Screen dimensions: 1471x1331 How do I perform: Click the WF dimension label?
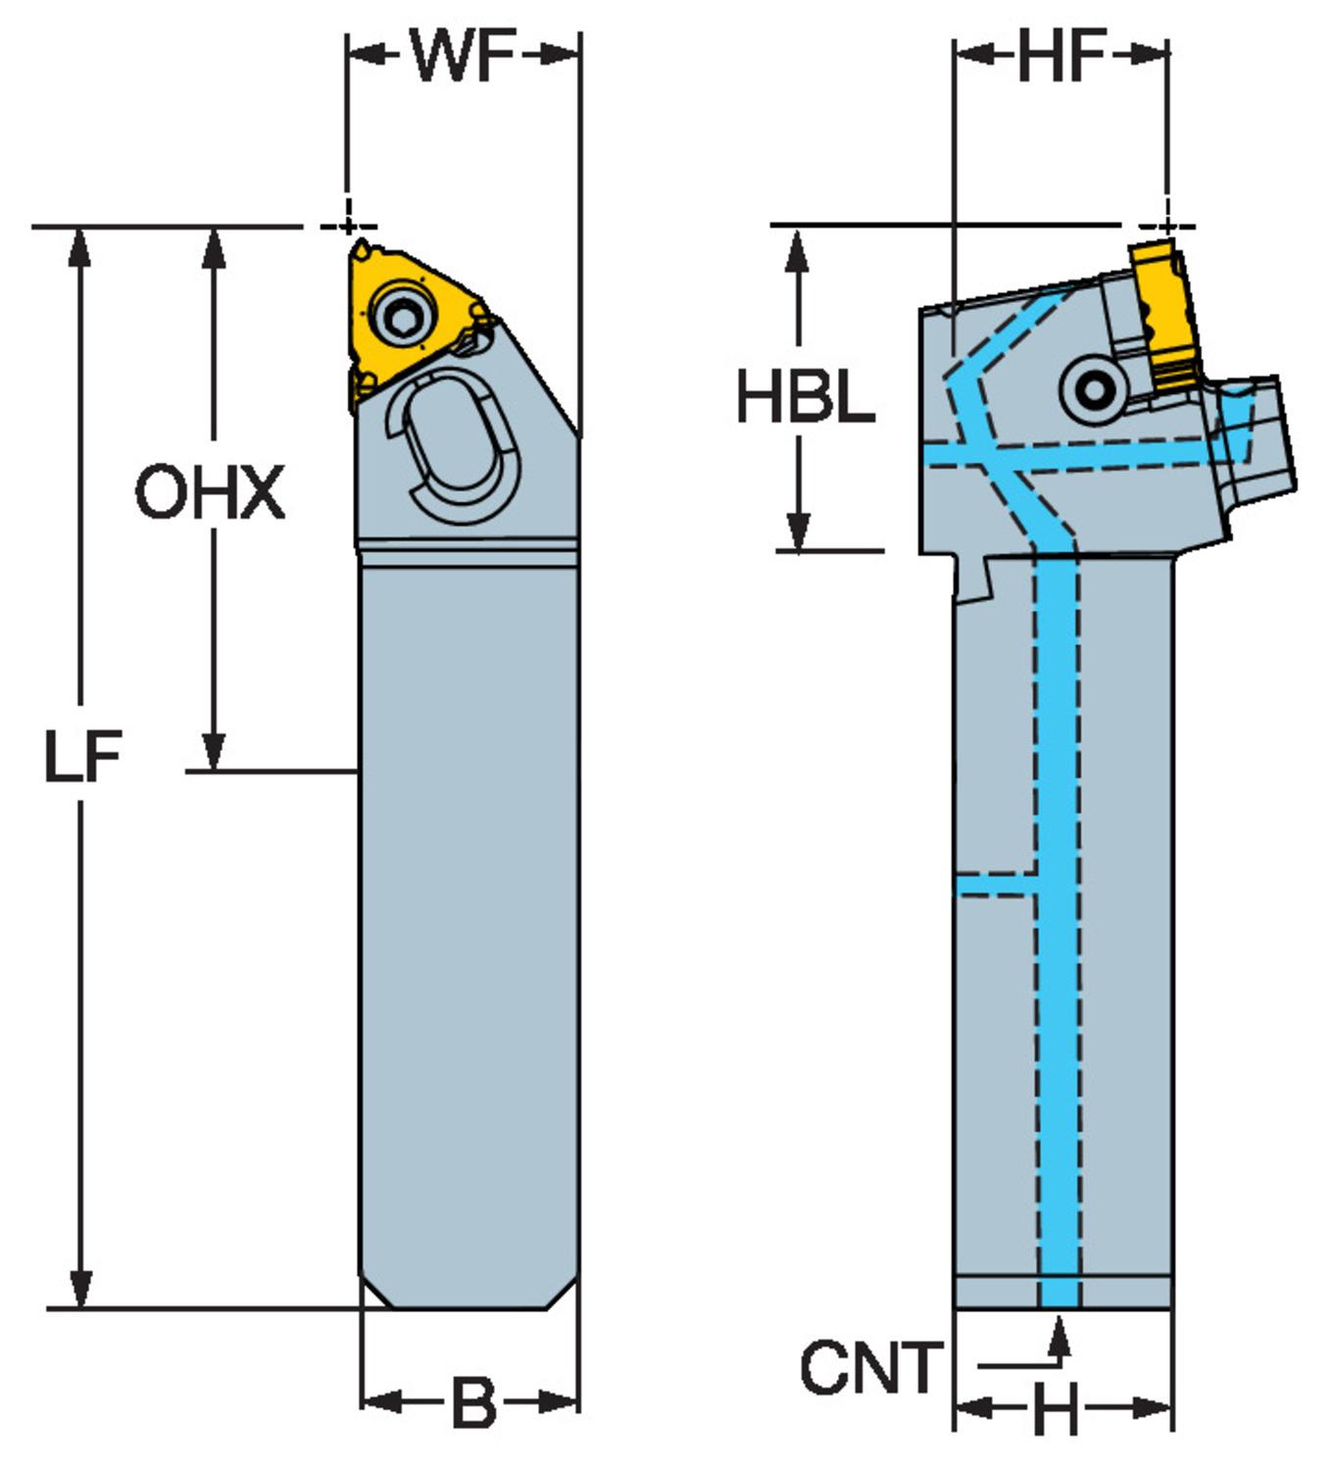click(x=463, y=56)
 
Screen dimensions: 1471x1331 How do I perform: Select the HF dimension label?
click(x=1061, y=56)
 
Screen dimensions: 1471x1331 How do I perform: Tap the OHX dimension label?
click(x=210, y=493)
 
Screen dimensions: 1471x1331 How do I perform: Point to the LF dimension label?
click(x=82, y=758)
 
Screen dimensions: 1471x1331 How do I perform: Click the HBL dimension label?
click(x=805, y=399)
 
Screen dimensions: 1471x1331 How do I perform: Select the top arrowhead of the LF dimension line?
click(x=81, y=245)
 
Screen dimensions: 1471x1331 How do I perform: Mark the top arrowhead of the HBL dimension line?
click(x=800, y=244)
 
